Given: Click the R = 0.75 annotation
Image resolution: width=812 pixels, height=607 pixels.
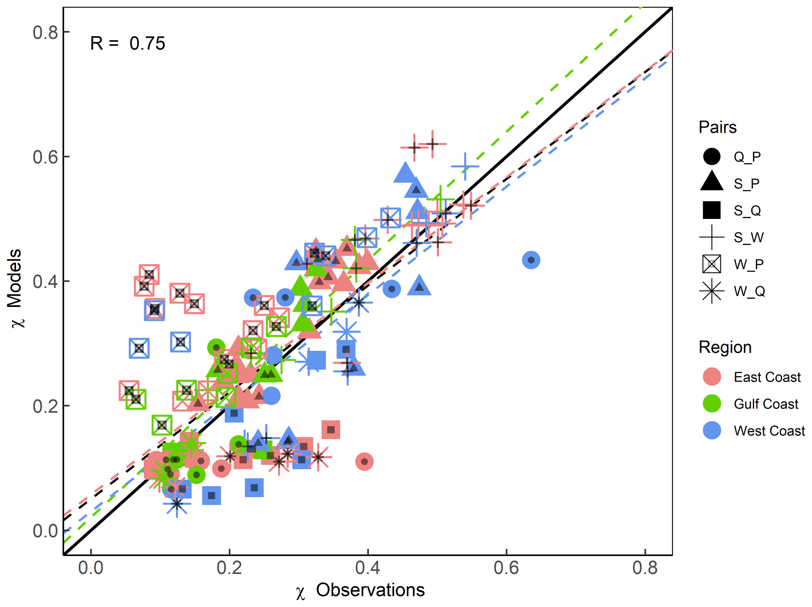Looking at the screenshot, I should [x=128, y=43].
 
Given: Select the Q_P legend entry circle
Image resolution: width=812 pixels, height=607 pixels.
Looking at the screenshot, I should [x=711, y=156].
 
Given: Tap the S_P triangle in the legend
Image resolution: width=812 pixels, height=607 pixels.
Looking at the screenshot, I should [x=711, y=182].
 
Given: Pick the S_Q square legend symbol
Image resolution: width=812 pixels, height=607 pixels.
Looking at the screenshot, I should [x=711, y=210].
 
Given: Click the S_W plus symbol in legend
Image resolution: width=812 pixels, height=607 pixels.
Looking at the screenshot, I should [x=711, y=237].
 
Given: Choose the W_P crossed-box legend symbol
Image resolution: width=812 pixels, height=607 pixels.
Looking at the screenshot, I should [x=711, y=264].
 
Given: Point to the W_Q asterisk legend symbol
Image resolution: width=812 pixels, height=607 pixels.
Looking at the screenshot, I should [x=711, y=291].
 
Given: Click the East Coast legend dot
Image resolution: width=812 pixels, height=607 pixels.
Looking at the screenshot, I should [x=711, y=377].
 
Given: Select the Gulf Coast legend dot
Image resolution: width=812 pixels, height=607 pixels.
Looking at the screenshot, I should [x=711, y=403].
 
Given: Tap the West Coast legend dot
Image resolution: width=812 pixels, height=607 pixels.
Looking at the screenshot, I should [x=711, y=430].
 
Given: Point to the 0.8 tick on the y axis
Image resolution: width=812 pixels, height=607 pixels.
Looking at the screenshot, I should [x=45, y=32].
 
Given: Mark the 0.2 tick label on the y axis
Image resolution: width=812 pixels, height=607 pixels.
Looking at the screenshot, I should [x=45, y=406].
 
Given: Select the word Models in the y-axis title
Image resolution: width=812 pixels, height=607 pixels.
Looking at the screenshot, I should [x=15, y=278].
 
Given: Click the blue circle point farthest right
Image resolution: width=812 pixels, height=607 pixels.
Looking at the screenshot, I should [x=531, y=260].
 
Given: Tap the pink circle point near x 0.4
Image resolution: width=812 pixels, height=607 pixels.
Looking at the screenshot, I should [x=364, y=461].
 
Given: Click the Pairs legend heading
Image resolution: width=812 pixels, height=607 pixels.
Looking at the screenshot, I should [x=717, y=127].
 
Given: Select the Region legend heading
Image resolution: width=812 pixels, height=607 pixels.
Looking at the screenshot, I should [x=725, y=347].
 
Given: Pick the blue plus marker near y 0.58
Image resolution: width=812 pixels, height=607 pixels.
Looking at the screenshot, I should [x=465, y=166].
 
